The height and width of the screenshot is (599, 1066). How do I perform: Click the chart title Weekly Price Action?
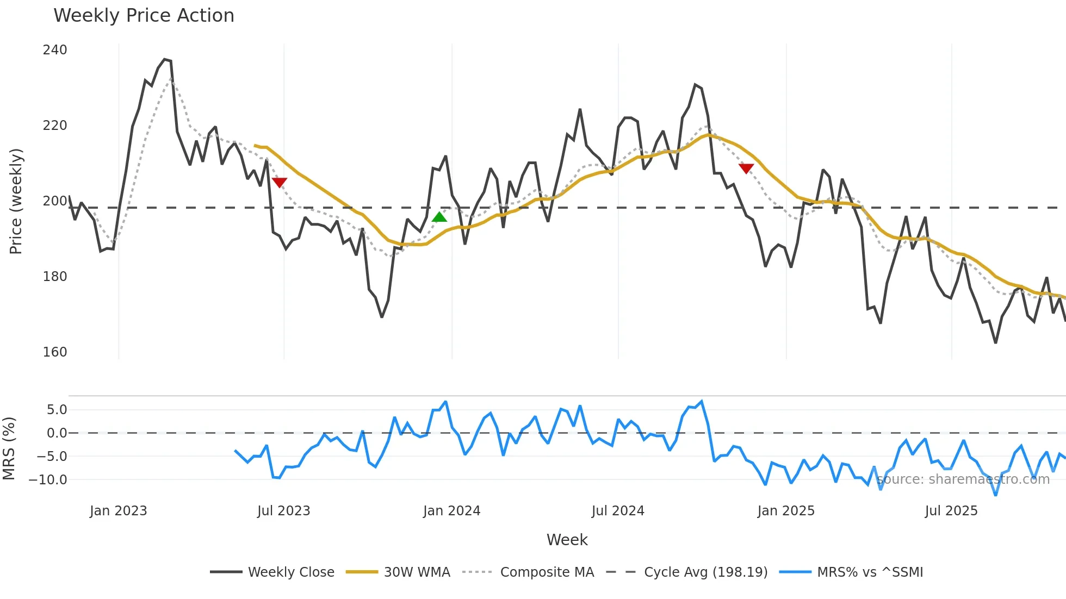click(x=144, y=16)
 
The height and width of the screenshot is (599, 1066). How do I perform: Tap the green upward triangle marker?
click(x=439, y=217)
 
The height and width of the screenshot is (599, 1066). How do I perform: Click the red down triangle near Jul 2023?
click(x=280, y=183)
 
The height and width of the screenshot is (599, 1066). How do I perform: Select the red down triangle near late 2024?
click(x=746, y=169)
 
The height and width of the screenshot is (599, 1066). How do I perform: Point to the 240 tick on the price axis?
click(x=55, y=50)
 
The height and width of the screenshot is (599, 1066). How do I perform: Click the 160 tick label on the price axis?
click(x=55, y=352)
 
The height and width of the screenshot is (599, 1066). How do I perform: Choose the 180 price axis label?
click(x=55, y=277)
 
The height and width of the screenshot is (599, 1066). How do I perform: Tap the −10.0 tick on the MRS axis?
click(x=48, y=480)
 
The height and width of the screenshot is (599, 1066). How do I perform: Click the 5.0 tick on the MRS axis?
click(x=57, y=410)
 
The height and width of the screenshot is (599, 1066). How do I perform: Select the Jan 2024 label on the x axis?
click(x=451, y=511)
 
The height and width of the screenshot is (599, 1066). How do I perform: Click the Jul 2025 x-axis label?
click(x=951, y=511)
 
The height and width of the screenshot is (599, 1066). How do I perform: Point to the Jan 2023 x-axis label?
click(x=118, y=511)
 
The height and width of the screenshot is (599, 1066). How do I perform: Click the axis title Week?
click(x=567, y=540)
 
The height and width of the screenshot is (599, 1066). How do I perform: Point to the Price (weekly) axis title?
click(x=16, y=201)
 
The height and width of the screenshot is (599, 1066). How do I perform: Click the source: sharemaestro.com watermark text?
click(x=963, y=479)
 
